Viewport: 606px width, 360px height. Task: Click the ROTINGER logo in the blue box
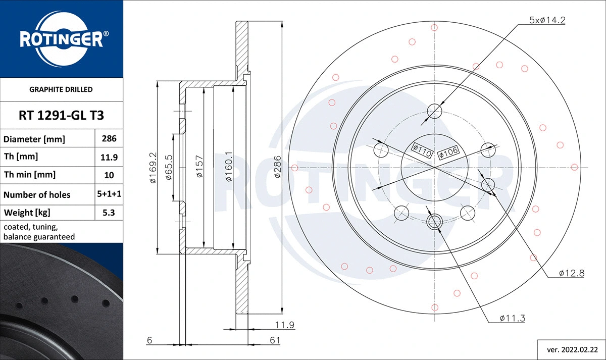point(62,38)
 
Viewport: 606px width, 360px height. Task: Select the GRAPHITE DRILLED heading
point(61,89)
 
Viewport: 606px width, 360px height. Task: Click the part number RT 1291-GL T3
point(61,116)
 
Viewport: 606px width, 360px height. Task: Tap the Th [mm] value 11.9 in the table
point(109,157)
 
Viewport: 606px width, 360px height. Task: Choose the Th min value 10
point(109,175)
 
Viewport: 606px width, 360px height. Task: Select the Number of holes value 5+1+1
point(109,194)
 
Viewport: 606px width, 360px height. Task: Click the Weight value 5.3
point(109,213)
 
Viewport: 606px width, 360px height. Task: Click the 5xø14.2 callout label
point(546,20)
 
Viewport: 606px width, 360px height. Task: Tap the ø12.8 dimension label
point(571,273)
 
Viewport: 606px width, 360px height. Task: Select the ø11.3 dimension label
point(513,318)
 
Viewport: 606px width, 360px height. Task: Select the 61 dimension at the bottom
point(274,341)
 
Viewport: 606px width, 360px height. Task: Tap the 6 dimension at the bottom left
point(149,341)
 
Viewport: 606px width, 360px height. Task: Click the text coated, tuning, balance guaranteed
point(39,232)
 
